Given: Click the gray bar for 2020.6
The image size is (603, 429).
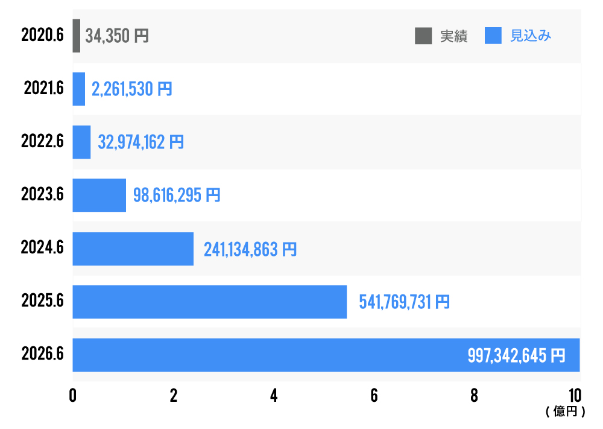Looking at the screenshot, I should tap(77, 36).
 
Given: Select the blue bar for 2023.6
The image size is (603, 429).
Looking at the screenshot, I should tap(99, 195).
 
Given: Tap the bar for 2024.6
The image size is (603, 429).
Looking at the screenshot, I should tap(133, 249).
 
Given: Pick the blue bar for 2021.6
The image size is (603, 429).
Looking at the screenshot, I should tap(79, 89).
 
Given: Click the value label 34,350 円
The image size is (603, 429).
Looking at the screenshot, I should tap(117, 36).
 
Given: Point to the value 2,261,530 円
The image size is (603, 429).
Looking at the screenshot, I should tap(131, 89).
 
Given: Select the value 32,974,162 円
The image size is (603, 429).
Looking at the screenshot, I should tap(140, 142).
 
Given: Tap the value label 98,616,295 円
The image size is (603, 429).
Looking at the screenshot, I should tap(177, 195).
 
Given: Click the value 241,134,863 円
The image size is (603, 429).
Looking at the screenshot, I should tap(250, 249).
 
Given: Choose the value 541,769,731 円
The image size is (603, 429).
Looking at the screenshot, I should tap(404, 302).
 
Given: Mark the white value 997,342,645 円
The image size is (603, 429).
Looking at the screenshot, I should tap(516, 355).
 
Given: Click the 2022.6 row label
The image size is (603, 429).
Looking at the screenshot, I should tap(42, 142).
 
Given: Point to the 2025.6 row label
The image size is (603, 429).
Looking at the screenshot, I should tap(42, 302).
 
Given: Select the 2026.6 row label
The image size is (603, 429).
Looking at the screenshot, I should tap(42, 355).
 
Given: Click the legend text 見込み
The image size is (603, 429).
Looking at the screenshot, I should tap(531, 36).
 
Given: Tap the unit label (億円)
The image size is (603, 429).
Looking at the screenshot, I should tap(565, 412).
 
